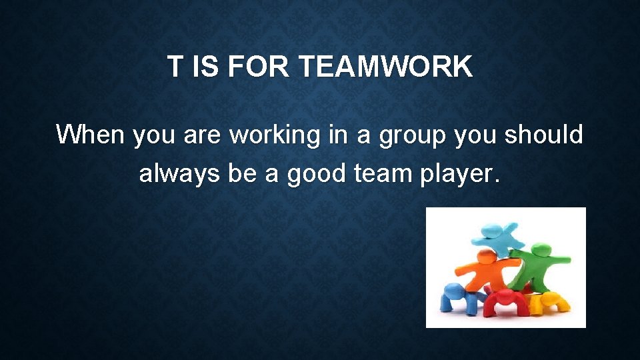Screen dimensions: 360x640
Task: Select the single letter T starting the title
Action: [174, 67]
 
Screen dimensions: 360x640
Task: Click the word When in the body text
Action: [90, 135]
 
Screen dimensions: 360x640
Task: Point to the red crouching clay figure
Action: [506, 302]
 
